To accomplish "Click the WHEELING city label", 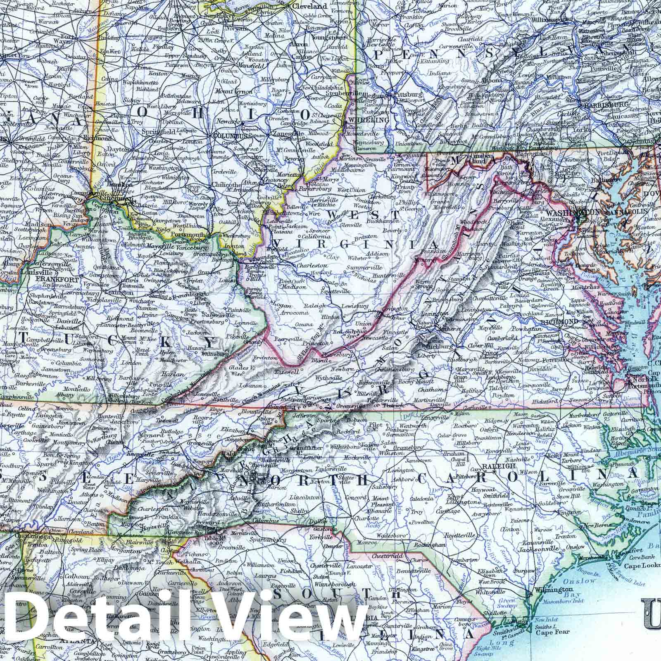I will pyautogui.click(x=364, y=120).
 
